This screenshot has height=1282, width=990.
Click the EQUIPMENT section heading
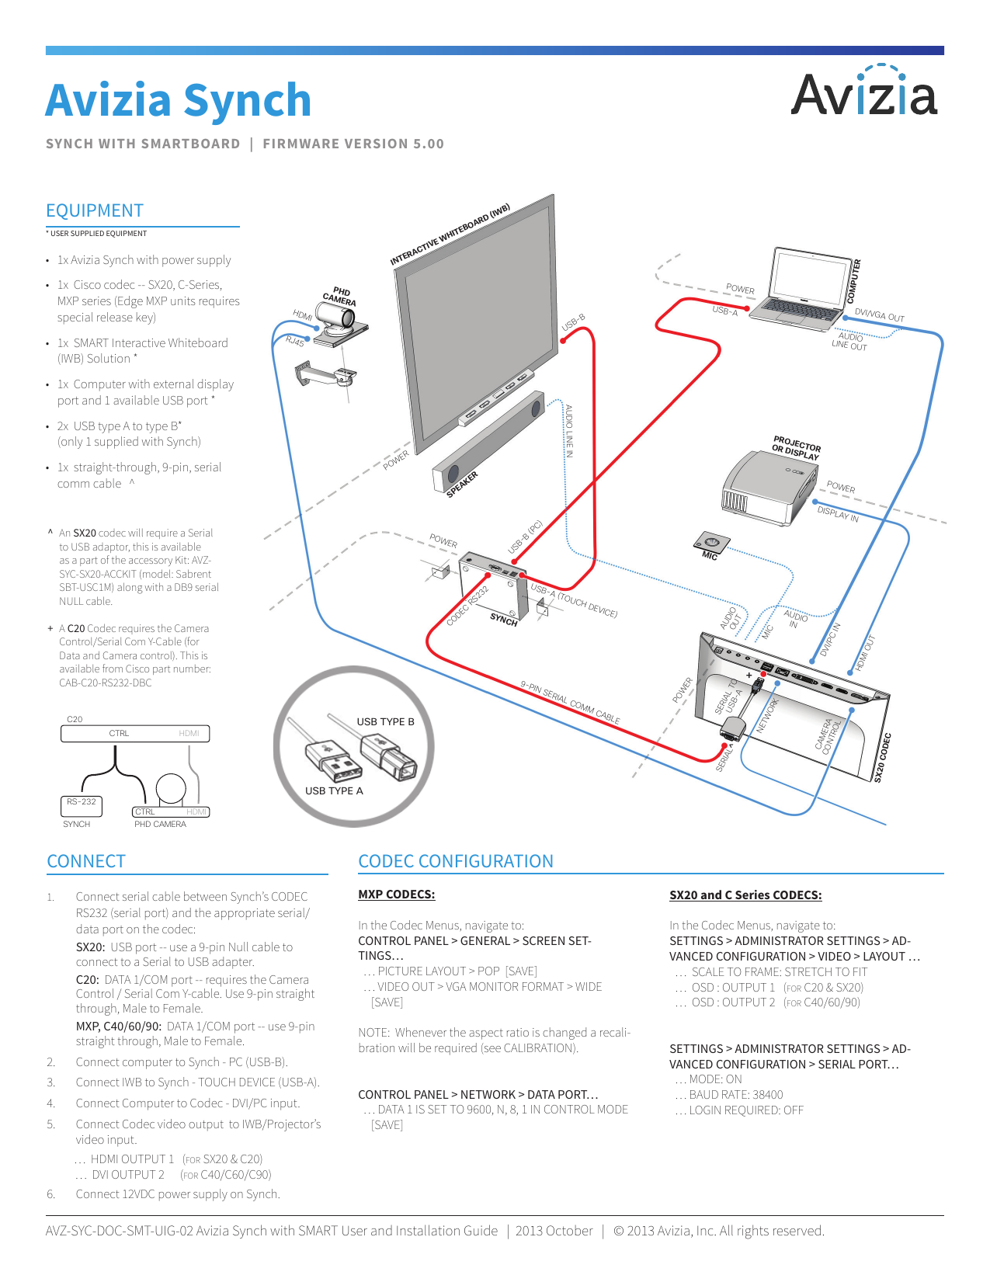[x=95, y=211]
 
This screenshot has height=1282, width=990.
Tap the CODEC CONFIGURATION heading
[x=456, y=861]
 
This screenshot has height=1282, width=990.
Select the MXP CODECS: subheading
[x=396, y=895]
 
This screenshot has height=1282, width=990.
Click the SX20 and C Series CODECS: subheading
[x=745, y=895]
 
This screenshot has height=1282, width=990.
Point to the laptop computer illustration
[x=804, y=291]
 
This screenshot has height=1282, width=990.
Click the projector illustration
[x=765, y=485]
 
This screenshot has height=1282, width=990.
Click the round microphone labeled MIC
[x=710, y=541]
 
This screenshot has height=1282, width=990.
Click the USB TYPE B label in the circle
[x=385, y=722]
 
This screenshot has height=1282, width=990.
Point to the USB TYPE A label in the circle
[x=334, y=791]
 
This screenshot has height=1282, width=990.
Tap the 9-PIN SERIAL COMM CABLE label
[x=570, y=703]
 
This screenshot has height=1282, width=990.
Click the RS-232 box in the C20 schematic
[x=81, y=803]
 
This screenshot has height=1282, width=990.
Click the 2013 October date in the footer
[x=554, y=1231]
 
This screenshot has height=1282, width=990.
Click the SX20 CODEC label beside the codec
[x=883, y=757]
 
